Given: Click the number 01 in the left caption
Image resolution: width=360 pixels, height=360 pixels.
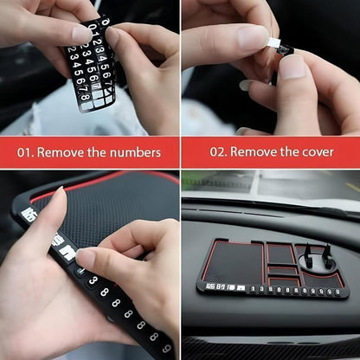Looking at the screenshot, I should coord(26,152).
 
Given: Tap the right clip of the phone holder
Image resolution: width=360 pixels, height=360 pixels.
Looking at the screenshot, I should coord(329,256).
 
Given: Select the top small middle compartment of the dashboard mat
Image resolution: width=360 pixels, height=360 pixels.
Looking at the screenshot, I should coord(278,250).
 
